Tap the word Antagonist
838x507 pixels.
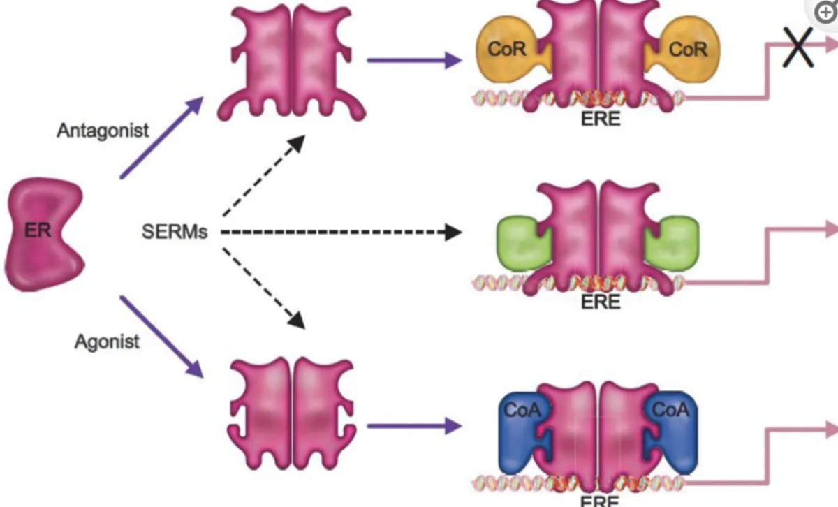click(103, 130)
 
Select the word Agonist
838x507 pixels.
click(107, 341)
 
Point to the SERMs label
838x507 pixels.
click(175, 232)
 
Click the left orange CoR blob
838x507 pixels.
click(506, 49)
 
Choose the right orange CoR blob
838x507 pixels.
click(688, 49)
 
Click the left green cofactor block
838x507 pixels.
click(522, 248)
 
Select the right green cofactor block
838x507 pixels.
click(672, 248)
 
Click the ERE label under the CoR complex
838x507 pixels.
click(600, 119)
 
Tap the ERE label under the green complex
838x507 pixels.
click(600, 302)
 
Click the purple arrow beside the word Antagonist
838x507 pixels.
click(161, 138)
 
